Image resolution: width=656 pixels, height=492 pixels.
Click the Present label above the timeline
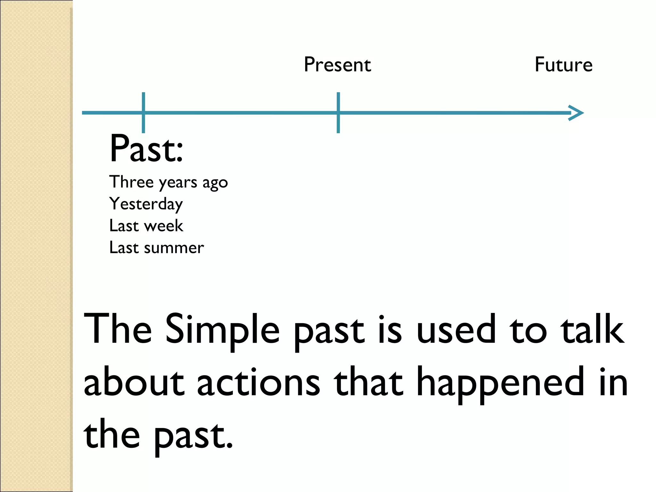pos(337,65)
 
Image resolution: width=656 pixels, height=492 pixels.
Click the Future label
pos(563,65)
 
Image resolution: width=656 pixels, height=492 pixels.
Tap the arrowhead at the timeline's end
pos(577,113)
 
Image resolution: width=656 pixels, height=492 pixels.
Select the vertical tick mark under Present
pos(338,113)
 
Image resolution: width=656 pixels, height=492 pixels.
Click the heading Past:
pos(146,149)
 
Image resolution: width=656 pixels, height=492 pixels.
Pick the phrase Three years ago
pos(168,183)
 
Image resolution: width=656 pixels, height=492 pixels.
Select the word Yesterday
pos(146,204)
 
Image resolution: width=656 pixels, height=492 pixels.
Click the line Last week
pos(146,226)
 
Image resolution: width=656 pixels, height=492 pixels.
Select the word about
pos(134,383)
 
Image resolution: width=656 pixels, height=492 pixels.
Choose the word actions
pos(258,383)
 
